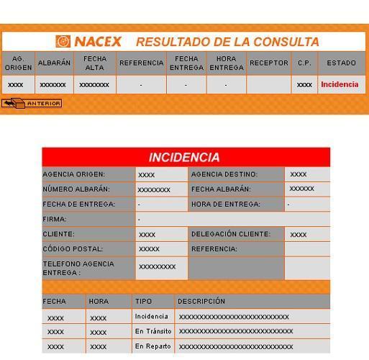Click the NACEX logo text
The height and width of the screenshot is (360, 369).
(x=97, y=42)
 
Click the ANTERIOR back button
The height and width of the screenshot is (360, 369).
(x=32, y=104)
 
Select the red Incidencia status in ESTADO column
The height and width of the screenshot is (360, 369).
(x=340, y=84)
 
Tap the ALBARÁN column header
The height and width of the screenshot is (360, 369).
(x=54, y=63)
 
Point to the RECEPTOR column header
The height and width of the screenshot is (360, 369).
(x=268, y=63)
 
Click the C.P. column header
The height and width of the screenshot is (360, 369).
(x=304, y=63)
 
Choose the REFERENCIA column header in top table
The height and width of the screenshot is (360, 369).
(x=141, y=63)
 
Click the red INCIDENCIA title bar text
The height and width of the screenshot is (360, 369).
(x=185, y=157)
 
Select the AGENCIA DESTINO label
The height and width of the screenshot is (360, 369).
(x=224, y=174)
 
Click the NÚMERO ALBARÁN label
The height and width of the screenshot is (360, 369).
(x=76, y=189)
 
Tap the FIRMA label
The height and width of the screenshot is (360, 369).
(x=54, y=219)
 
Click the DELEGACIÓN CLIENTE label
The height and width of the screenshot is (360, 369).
(x=231, y=234)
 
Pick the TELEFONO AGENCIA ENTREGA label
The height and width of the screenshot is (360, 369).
(x=78, y=268)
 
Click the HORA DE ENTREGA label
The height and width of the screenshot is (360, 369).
(x=226, y=204)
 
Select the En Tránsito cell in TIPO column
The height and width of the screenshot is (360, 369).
(x=153, y=331)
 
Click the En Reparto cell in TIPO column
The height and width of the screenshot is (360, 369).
(x=152, y=346)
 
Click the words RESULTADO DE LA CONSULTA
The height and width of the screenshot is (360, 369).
(x=227, y=42)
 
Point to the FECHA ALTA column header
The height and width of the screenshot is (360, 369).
(x=94, y=63)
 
